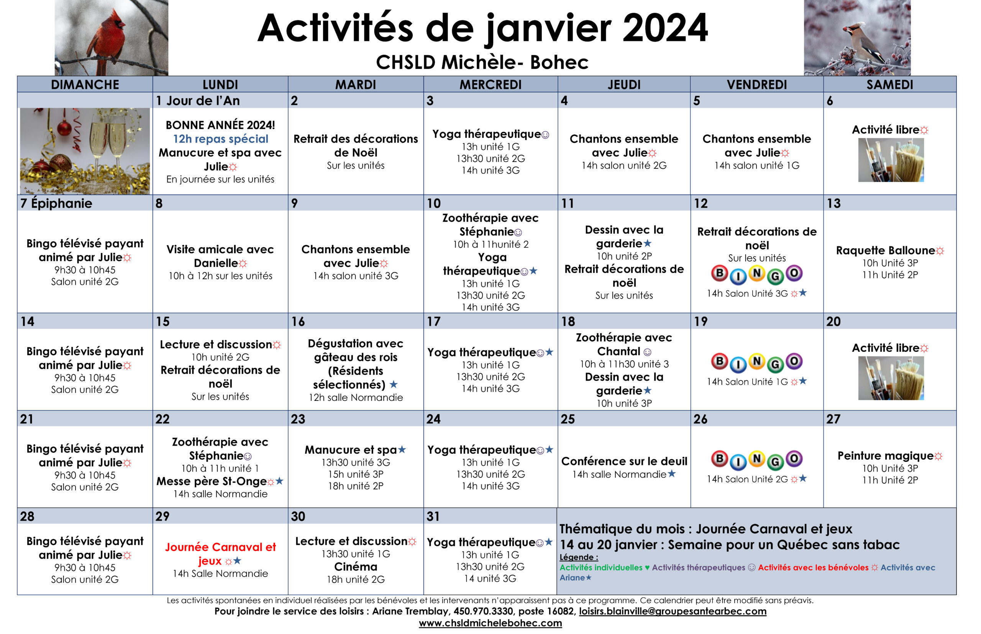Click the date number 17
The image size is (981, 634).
pos(433,322)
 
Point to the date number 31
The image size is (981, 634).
pos(433,516)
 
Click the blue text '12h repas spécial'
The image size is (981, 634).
pos(220,139)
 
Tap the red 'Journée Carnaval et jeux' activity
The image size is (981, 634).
pos(220,554)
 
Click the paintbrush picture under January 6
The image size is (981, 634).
pos(891,160)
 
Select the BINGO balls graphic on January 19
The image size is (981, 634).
pos(756,362)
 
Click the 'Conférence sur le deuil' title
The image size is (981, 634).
pos(624,461)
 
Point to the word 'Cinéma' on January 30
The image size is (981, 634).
pos(356,567)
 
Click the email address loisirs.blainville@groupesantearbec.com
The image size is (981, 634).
pos(673,611)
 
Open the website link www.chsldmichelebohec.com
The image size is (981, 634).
pos(490,623)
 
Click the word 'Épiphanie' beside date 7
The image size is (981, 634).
pos(62,203)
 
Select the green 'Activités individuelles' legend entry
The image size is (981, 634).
pos(601,567)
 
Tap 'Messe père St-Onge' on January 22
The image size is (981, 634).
pos(212,481)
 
